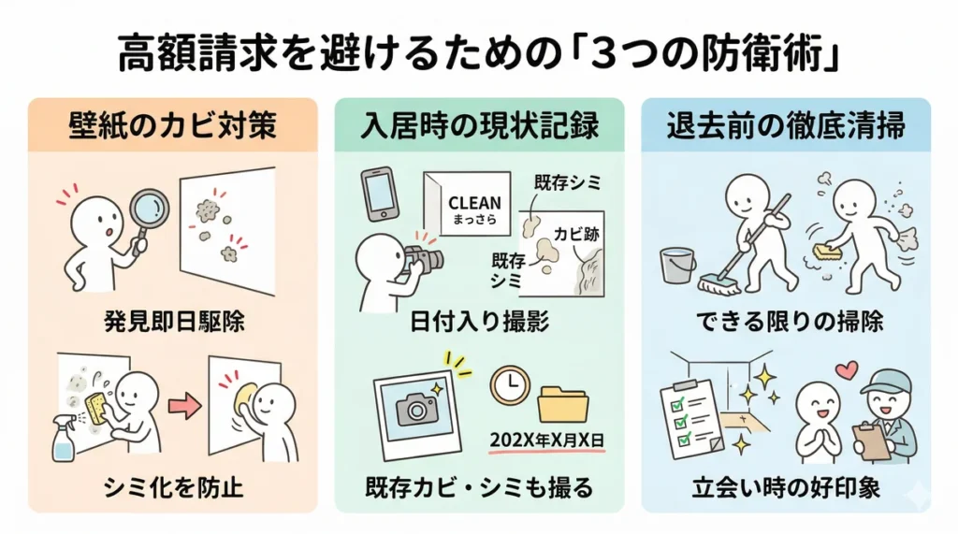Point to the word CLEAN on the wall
pos(474,203)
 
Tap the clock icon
pos(511,384)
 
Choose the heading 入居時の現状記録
pos(479,126)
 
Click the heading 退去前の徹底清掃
pos(786,126)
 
